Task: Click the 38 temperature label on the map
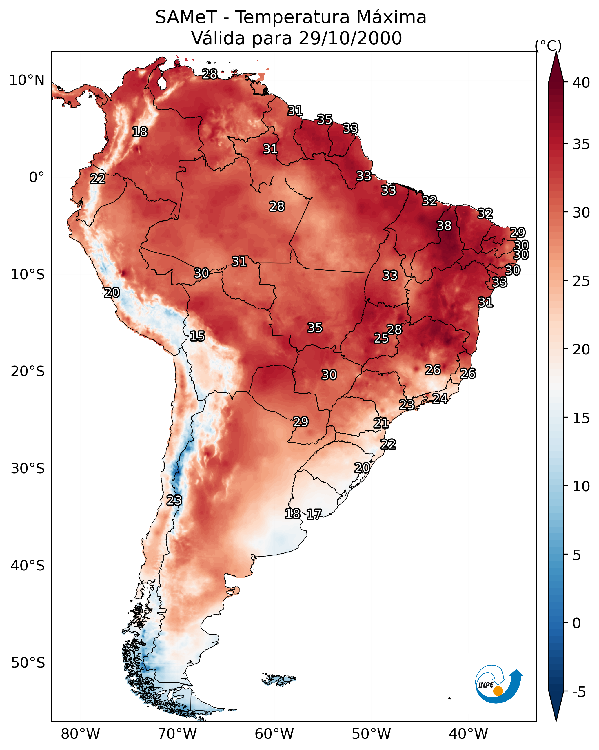(x=444, y=226)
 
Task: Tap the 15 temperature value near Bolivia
(x=197, y=336)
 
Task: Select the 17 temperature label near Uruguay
(x=314, y=514)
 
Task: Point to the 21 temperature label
(x=381, y=423)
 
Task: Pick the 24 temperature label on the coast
(x=440, y=398)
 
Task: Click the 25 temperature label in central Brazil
(x=381, y=338)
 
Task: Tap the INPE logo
(x=498, y=685)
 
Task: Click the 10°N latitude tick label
(x=27, y=80)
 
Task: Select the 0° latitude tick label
(x=37, y=177)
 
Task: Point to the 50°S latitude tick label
(x=28, y=663)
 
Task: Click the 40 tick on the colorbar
(x=581, y=83)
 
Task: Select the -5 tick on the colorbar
(x=579, y=692)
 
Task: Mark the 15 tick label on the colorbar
(x=581, y=419)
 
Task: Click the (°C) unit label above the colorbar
(x=548, y=46)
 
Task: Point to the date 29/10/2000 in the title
(x=350, y=38)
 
